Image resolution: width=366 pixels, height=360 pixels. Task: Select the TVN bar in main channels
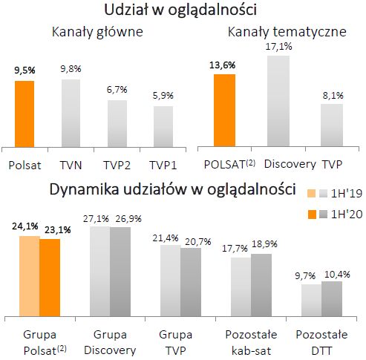pos(71,113)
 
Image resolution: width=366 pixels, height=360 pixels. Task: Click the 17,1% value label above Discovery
pos(278,47)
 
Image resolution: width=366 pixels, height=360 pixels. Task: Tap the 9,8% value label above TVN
pos(71,69)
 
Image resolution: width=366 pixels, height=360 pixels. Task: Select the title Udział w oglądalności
pos(183,10)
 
